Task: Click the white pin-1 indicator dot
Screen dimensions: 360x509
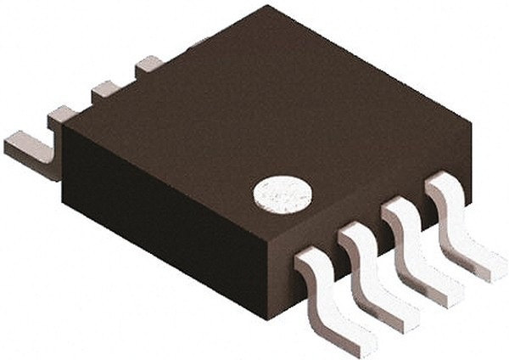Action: pyautogui.click(x=282, y=194)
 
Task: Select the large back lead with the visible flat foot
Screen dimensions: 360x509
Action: pyautogui.click(x=30, y=153)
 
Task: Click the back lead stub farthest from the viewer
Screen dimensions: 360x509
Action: pyautogui.click(x=149, y=63)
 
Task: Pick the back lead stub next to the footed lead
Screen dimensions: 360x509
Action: pyautogui.click(x=62, y=115)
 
